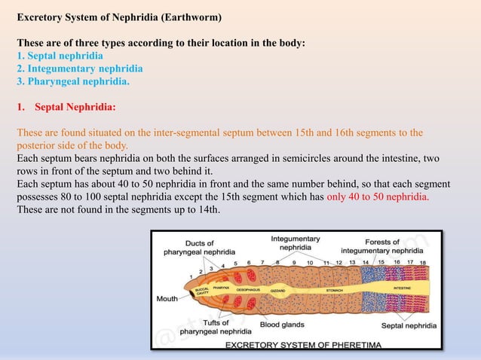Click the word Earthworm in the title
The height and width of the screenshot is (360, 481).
click(195, 16)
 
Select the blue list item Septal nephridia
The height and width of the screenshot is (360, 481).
click(65, 56)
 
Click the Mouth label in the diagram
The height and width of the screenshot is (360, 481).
click(166, 298)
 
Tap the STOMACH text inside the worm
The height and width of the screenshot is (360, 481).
click(334, 288)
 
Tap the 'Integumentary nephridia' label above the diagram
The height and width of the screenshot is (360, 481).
click(296, 243)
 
